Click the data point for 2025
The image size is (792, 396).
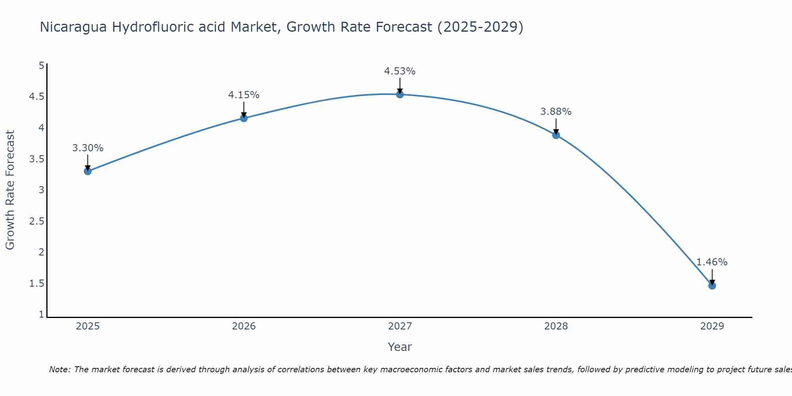[x=88, y=171]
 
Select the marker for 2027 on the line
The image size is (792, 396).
[x=400, y=94]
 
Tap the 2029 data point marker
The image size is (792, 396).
[x=712, y=286]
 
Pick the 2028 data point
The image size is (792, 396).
[x=556, y=135]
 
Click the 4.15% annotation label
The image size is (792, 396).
[x=244, y=95]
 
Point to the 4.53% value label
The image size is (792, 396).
[x=400, y=71]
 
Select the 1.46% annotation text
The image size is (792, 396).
[x=712, y=262]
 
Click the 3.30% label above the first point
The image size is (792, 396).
[x=88, y=148]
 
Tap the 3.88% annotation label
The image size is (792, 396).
[x=556, y=112]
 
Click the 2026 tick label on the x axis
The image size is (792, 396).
[x=244, y=326]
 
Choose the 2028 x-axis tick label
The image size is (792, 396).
[x=556, y=326]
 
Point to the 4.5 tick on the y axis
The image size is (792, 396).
[x=36, y=97]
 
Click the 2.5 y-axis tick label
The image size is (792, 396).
[x=36, y=221]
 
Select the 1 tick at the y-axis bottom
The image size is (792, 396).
[x=41, y=314]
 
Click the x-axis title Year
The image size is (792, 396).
[x=400, y=347]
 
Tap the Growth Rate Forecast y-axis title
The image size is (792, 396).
[x=10, y=190]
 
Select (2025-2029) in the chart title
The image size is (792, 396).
[x=480, y=27]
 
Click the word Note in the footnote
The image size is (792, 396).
[x=59, y=369]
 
